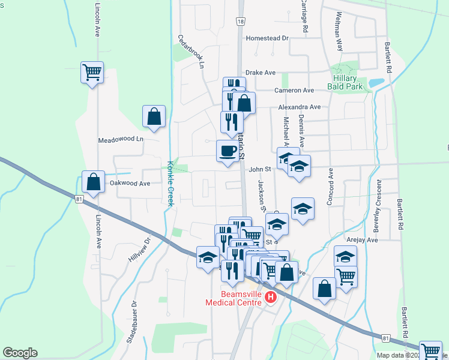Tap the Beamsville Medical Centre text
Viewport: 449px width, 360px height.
234,299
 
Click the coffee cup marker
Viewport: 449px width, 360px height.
227,150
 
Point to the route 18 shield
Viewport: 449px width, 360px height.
241,21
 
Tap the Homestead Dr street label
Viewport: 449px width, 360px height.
267,38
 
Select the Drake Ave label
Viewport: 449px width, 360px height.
261,73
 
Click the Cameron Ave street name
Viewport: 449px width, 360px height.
294,91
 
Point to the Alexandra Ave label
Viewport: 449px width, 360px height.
299,107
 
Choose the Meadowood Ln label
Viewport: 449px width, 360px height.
121,140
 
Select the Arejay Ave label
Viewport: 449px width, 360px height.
362,240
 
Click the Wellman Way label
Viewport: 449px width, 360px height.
340,30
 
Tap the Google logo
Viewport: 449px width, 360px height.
20,353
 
